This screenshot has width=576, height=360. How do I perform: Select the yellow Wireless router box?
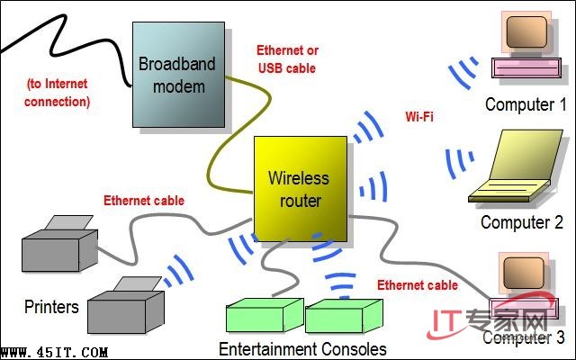coord(299,189)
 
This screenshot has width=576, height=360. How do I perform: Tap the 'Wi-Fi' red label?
coord(420,116)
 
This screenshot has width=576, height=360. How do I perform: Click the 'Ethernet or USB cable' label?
coord(287,59)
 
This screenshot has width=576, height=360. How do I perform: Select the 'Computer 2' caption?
coord(521,222)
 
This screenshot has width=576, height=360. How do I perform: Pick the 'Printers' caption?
coord(51,307)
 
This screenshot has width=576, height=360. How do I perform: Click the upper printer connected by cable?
coord(59,242)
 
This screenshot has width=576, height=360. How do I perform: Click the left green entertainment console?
coord(263,318)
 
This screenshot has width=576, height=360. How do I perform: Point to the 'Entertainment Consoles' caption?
coord(302,348)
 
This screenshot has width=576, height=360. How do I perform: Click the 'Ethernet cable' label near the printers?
coord(144,201)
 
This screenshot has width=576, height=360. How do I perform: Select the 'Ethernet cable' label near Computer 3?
coord(418,285)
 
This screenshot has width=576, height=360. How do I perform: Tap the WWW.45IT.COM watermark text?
coord(56,352)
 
